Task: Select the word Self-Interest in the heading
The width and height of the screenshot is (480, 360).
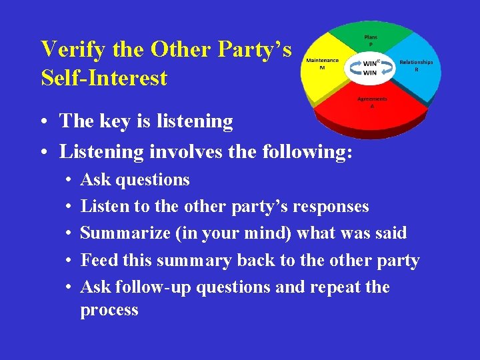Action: pos(104,78)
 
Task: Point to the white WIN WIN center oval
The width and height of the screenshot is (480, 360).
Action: pos(370,67)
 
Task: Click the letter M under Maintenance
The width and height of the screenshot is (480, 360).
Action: pos(322,67)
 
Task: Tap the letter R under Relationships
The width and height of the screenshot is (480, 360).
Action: pos(417,69)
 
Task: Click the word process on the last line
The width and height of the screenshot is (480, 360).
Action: pos(109,310)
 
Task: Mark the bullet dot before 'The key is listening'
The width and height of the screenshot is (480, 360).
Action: pos(43,122)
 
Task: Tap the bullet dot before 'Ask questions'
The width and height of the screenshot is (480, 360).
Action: pos(69,181)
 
